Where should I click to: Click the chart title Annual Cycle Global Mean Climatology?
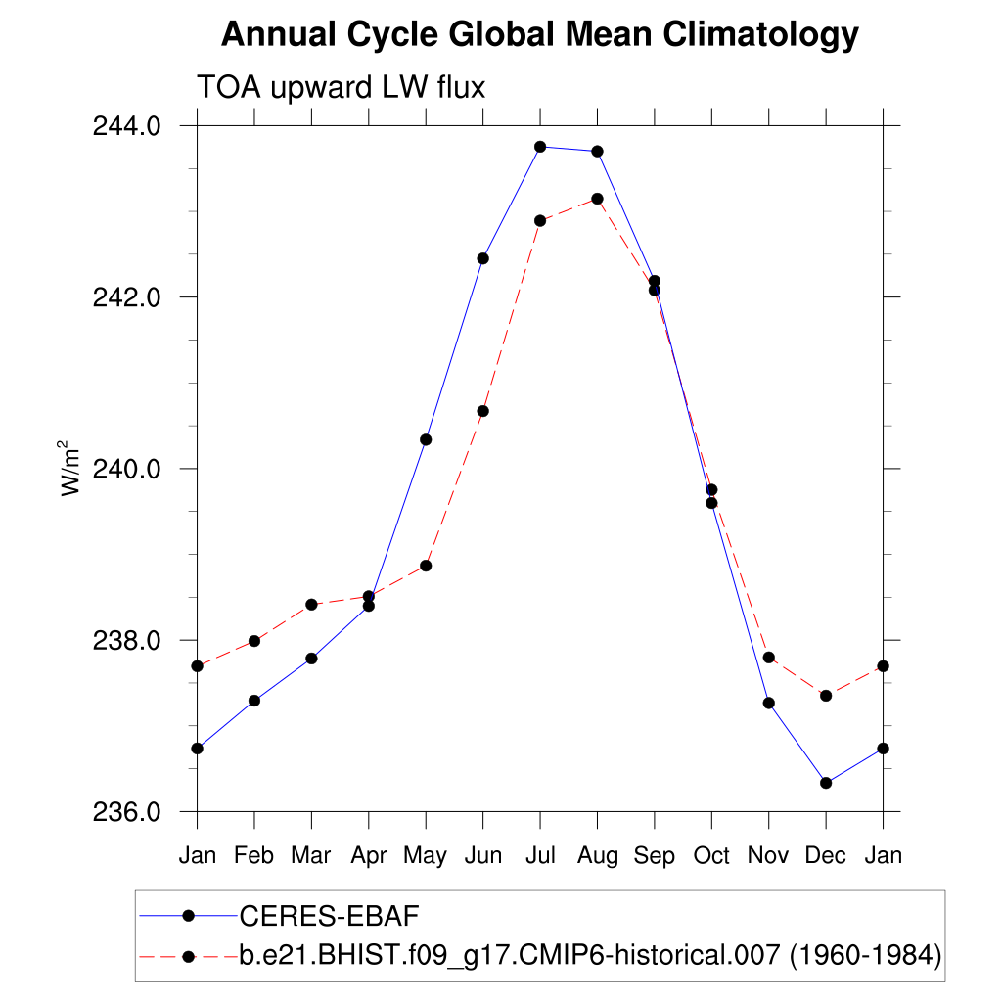539,35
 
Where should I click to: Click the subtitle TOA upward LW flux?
342,87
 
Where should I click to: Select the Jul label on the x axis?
540,856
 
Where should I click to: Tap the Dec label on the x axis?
826,856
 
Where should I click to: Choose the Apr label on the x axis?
369,856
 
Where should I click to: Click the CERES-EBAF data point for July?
540,147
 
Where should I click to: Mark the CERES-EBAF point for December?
826,783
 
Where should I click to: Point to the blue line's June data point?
483,258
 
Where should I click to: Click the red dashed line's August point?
597,199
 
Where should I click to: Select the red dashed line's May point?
426,566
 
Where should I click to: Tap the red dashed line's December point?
826,696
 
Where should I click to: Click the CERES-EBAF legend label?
329,916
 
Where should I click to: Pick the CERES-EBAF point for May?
426,439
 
